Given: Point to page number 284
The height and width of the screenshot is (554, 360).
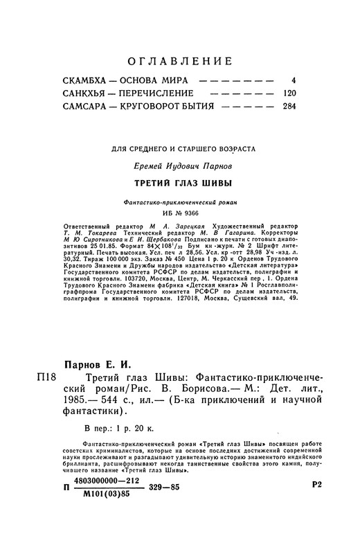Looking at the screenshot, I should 289,107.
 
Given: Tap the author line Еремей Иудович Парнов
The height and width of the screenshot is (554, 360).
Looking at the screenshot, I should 179,167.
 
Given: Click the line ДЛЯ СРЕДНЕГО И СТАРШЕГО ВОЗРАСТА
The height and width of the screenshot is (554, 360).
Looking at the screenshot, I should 179,148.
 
